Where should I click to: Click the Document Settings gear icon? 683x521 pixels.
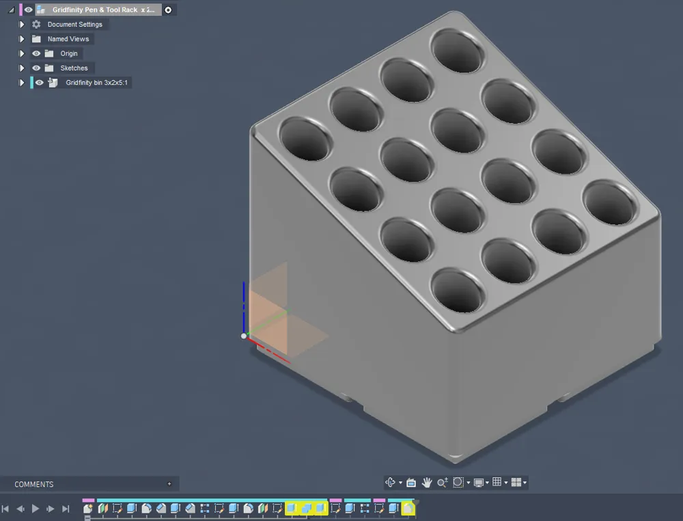click(x=36, y=25)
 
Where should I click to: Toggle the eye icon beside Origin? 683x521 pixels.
click(x=36, y=53)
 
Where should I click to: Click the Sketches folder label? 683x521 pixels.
click(x=74, y=68)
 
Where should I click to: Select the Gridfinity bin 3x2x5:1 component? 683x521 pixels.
click(x=96, y=83)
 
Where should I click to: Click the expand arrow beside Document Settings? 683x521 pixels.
click(x=22, y=25)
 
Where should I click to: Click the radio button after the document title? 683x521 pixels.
click(x=168, y=10)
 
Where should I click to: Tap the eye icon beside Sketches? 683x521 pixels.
click(x=36, y=68)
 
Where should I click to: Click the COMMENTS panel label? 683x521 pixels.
click(x=34, y=484)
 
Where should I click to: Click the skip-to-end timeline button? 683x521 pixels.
click(x=66, y=509)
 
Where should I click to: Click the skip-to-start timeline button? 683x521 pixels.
click(x=6, y=509)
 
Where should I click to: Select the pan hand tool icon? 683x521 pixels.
click(x=427, y=483)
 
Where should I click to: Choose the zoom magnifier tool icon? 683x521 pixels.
click(x=442, y=483)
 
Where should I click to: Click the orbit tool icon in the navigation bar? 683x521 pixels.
click(x=391, y=483)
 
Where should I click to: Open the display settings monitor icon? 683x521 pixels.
click(x=479, y=483)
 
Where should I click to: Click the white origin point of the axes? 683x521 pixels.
click(x=244, y=336)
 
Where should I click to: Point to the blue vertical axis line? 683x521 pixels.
click(x=244, y=301)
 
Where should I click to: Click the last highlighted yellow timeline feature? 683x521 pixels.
click(x=408, y=508)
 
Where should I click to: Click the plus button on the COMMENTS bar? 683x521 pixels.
click(x=169, y=484)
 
